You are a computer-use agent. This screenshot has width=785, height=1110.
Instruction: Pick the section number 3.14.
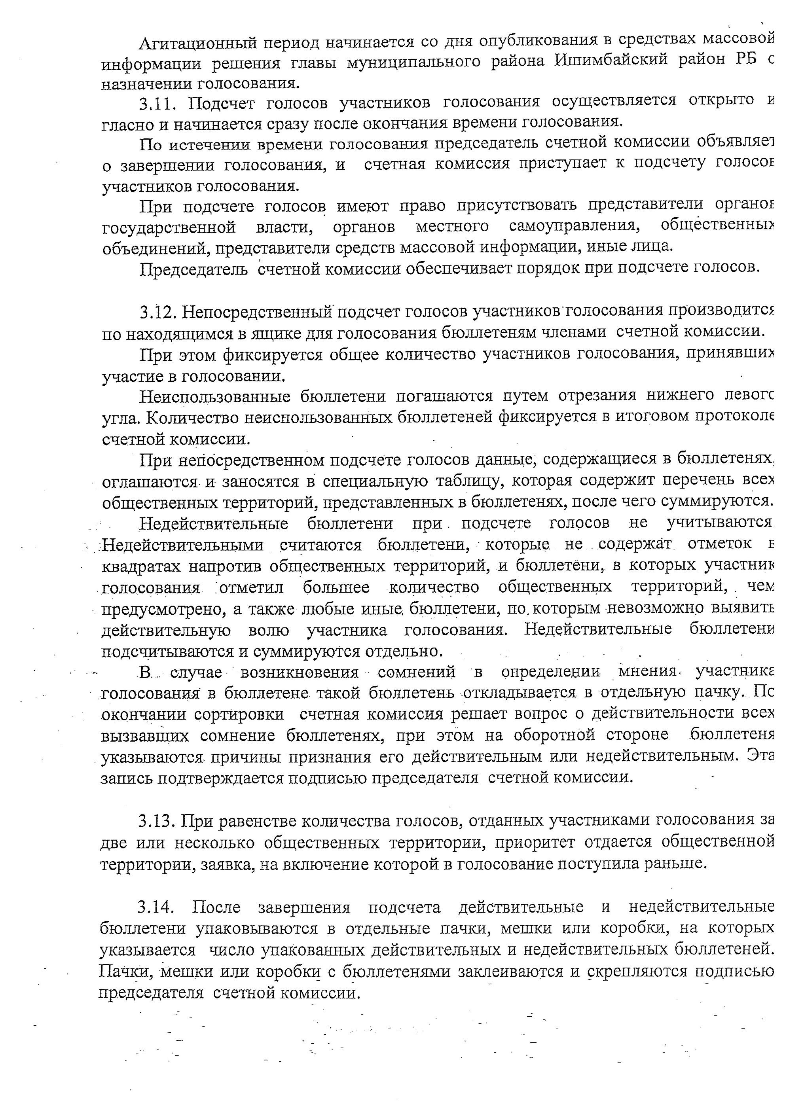[x=155, y=907]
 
